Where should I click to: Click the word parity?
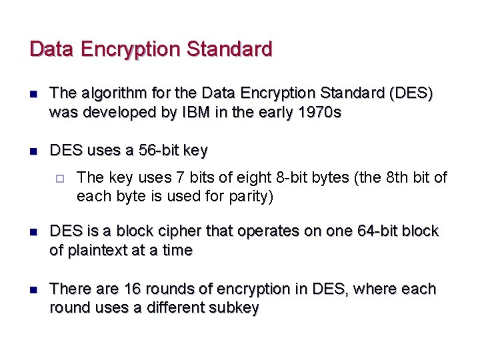click(252, 197)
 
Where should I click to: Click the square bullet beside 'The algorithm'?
click(34, 94)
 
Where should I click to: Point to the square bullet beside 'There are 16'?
click(34, 290)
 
